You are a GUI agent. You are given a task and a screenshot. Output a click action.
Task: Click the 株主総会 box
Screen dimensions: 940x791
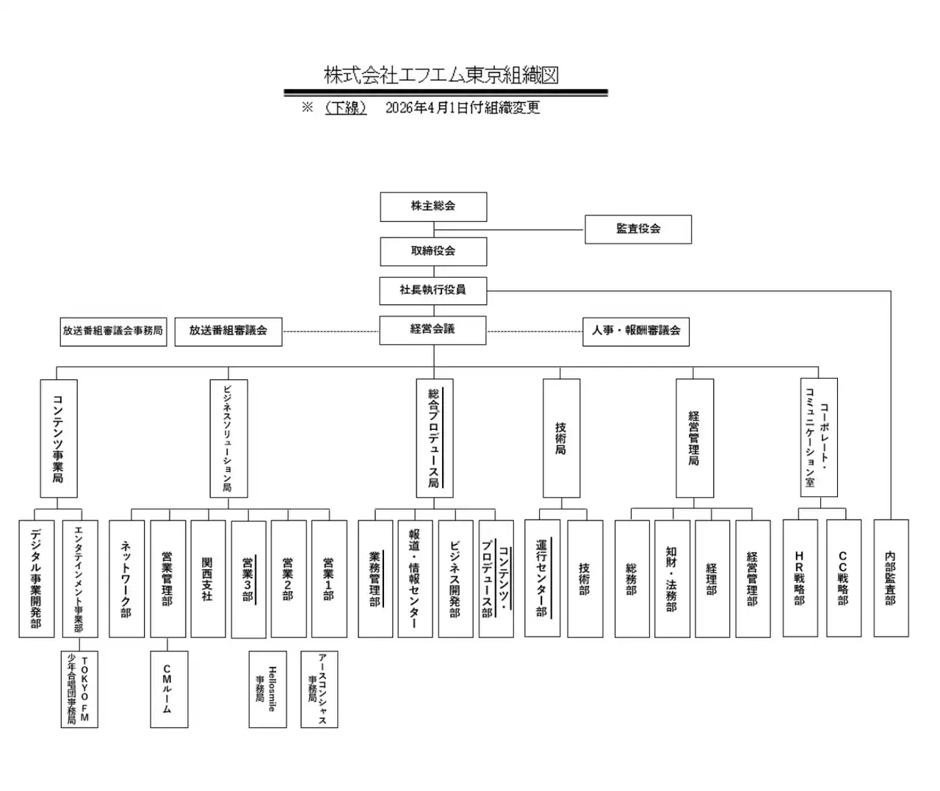[433, 207]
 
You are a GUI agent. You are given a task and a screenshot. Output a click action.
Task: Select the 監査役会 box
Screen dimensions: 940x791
[638, 229]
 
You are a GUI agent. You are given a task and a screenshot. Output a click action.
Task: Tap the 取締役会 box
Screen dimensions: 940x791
[433, 251]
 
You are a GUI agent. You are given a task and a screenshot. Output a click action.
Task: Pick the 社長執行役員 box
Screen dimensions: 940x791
[433, 290]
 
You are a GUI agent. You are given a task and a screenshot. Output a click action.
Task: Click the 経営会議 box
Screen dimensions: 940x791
[433, 330]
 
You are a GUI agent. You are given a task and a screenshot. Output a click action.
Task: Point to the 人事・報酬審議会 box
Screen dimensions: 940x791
[636, 332]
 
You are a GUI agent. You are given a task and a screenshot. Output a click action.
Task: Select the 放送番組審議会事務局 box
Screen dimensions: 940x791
[113, 332]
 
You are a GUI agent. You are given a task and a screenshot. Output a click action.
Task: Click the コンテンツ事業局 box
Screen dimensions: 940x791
[59, 439]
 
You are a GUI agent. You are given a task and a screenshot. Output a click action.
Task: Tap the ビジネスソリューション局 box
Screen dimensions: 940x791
[228, 439]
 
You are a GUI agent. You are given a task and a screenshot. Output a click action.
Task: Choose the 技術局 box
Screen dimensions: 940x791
[561, 438]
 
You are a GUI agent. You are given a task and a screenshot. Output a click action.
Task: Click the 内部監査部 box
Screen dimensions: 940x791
[891, 579]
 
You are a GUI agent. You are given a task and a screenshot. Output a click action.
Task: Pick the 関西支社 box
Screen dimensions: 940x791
[208, 579]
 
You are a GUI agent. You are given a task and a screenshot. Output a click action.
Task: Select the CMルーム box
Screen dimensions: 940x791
[169, 689]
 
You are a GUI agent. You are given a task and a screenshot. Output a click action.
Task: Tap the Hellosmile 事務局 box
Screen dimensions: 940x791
[267, 689]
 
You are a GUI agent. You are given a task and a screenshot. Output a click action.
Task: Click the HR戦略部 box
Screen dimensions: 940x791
[800, 579]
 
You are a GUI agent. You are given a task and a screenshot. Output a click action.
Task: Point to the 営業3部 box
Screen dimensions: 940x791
[248, 579]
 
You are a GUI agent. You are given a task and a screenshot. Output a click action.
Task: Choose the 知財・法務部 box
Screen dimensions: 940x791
[672, 579]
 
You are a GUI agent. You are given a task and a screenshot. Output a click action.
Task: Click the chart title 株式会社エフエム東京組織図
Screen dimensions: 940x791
[441, 75]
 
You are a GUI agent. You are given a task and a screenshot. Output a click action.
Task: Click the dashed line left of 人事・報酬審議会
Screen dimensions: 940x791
[535, 332]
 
